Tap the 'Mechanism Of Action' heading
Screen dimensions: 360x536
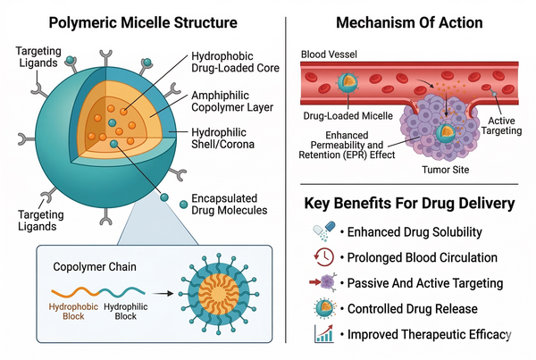pyautogui.click(x=409, y=20)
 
